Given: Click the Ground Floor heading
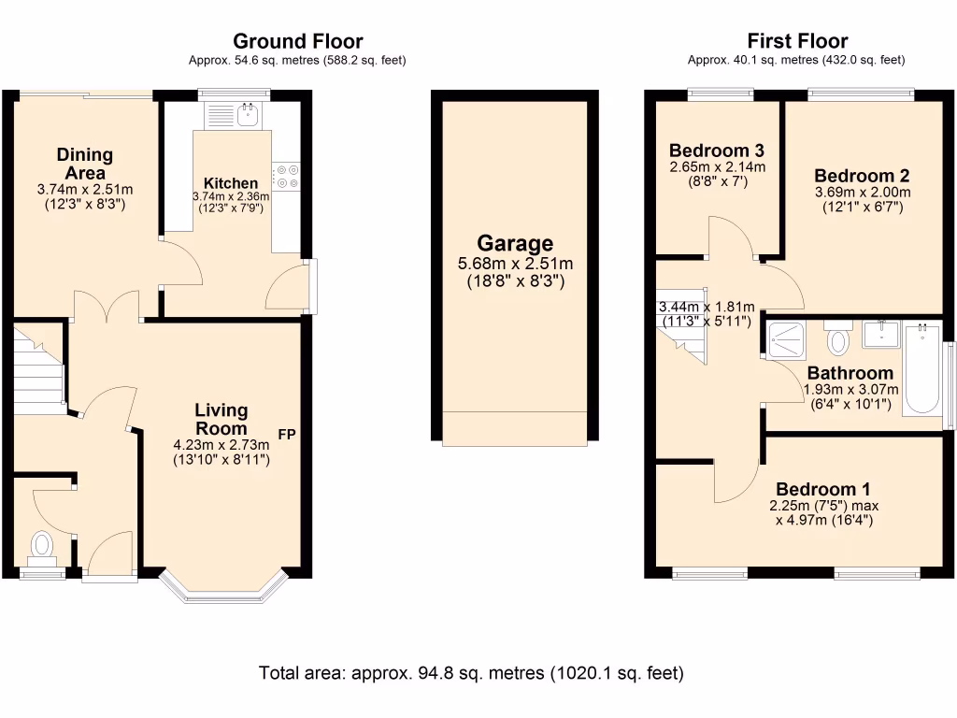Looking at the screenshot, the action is tap(298, 41).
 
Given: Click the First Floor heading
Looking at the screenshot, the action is tap(797, 41).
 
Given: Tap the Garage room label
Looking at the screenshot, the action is tap(515, 243).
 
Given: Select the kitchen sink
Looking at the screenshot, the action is tap(233, 115).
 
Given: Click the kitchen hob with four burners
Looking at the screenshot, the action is tap(286, 177).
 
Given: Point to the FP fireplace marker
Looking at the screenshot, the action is tap(287, 434).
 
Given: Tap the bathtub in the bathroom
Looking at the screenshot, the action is tap(921, 369).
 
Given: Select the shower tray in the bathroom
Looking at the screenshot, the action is tap(786, 339).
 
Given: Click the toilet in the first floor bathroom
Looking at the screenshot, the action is tap(838, 337).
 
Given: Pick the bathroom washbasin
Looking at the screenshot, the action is tap(881, 334).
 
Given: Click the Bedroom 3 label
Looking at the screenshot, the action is tap(717, 151).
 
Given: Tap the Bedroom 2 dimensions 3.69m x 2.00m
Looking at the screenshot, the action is tap(863, 192).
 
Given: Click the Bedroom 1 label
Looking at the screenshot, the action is tap(822, 489).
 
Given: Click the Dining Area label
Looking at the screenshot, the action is tap(85, 164).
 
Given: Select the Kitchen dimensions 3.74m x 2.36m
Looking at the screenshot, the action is tap(231, 196).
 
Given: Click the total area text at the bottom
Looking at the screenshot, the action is tap(471, 673).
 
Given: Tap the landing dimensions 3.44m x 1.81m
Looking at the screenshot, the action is tap(707, 307).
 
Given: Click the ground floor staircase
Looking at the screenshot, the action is tap(39, 368).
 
